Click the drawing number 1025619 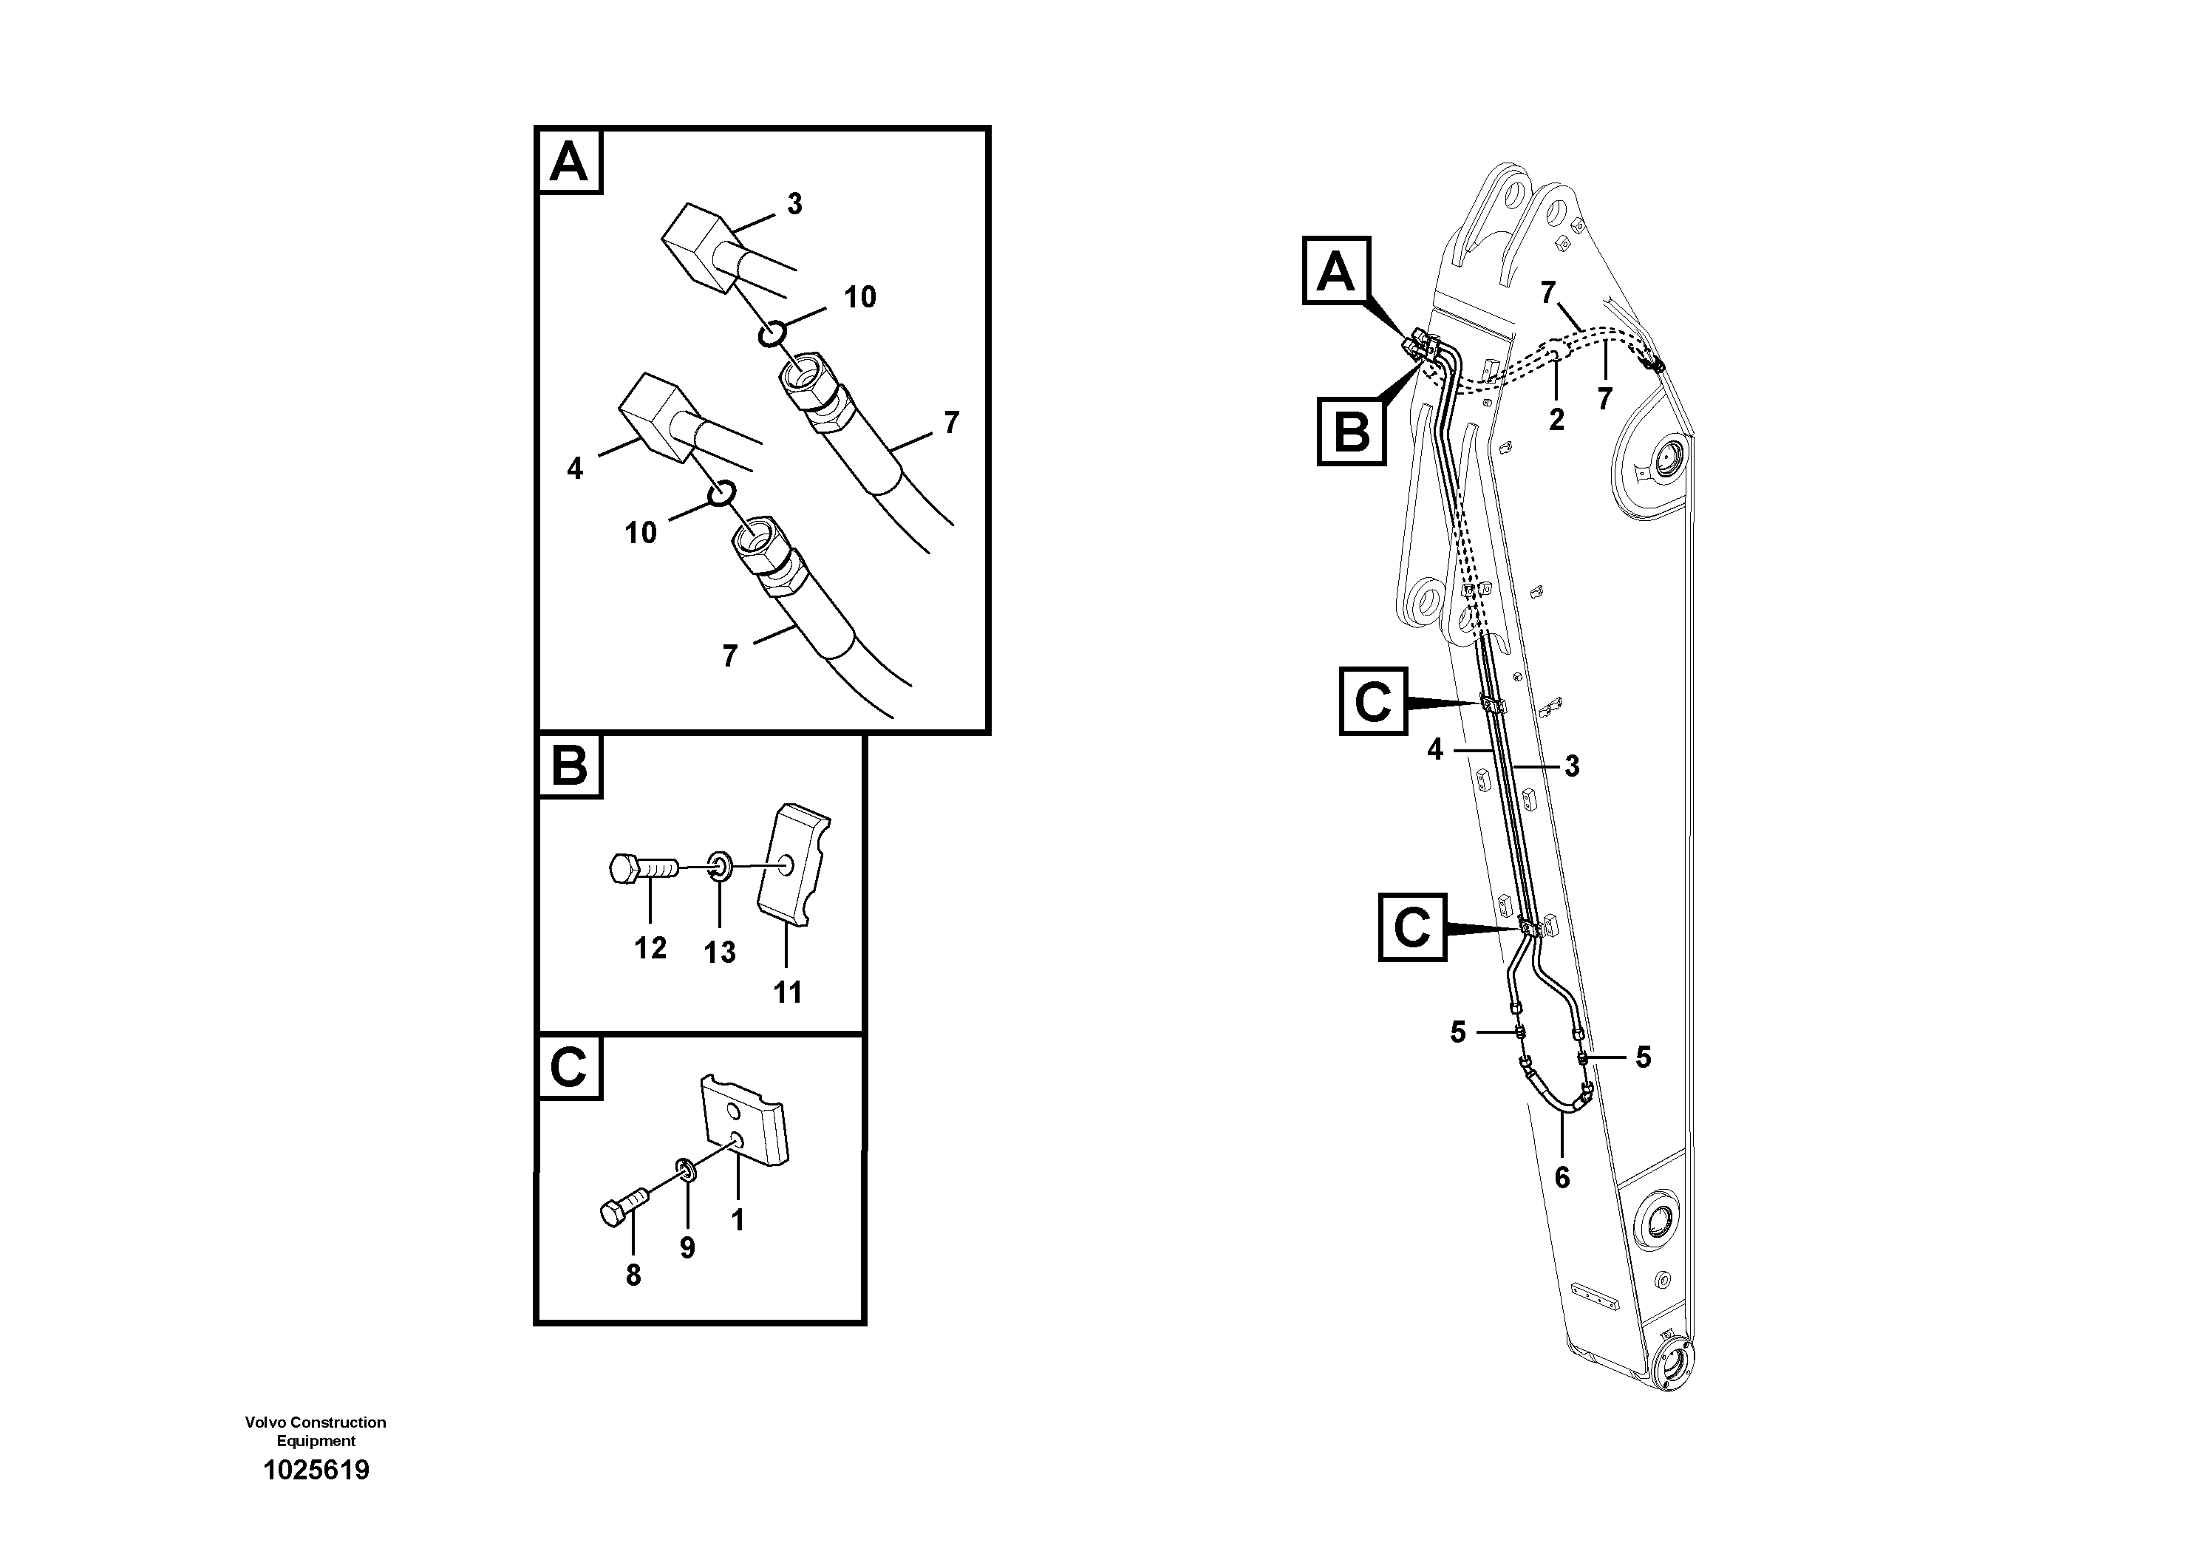316,1470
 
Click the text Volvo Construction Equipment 316,1431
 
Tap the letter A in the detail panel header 569,162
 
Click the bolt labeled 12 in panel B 643,869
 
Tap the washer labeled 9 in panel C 686,1170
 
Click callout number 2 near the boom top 1556,419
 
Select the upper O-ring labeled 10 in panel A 773,334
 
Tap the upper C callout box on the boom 1372,702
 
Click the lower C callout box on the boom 1412,927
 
